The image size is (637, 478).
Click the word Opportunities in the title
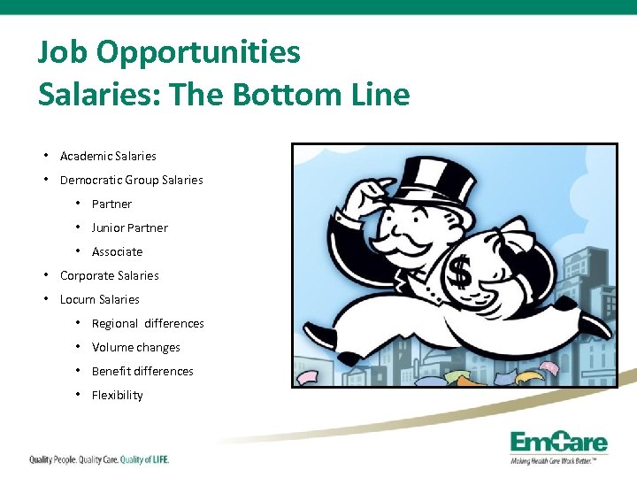[198, 53]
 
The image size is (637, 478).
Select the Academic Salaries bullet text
[108, 156]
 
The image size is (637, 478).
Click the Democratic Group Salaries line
[131, 180]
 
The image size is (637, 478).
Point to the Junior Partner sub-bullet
[129, 227]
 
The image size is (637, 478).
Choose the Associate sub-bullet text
[117, 251]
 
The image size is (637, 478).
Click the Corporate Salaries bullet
[109, 275]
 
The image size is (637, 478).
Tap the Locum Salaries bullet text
[99, 299]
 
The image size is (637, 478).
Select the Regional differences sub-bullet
[148, 323]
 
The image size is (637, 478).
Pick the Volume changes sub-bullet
[135, 347]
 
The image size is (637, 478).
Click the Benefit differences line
[142, 371]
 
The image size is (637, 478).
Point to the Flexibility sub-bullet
[117, 395]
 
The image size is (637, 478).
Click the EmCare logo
[556, 445]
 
